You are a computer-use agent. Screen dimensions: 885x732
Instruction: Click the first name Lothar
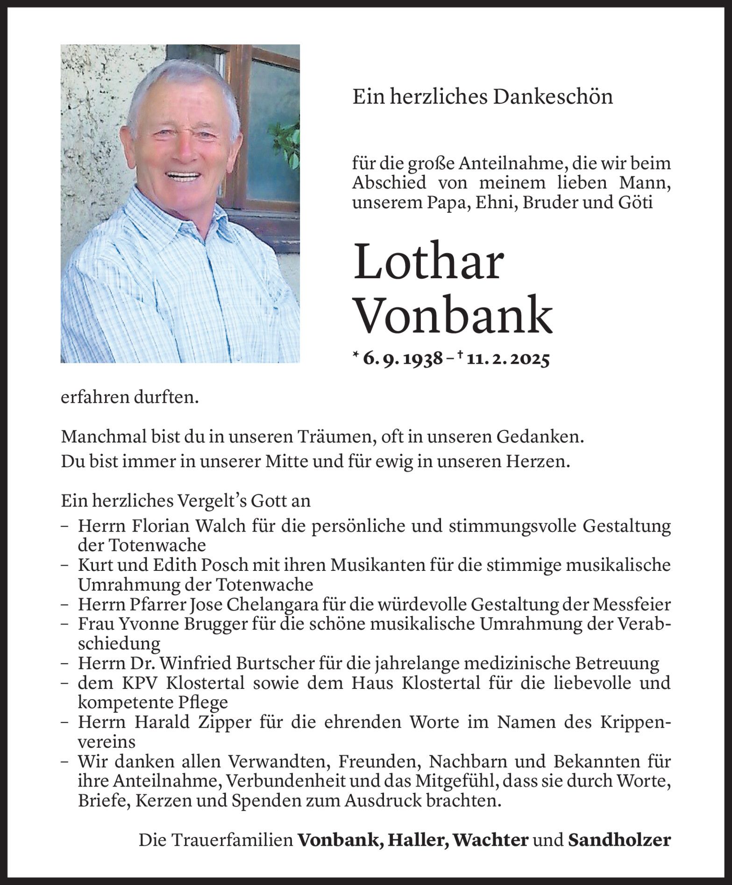pyautogui.click(x=428, y=263)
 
